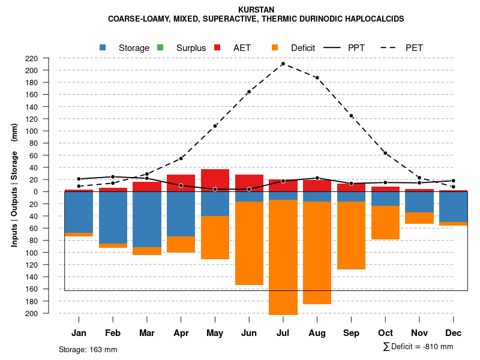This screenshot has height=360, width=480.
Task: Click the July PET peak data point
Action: tap(283, 64)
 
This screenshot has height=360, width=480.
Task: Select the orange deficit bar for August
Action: tap(317, 252)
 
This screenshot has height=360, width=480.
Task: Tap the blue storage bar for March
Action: tap(147, 219)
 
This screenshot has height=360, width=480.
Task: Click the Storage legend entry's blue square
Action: tap(103, 47)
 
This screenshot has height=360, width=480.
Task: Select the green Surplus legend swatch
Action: tap(160, 47)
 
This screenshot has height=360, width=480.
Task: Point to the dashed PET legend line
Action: tap(393, 47)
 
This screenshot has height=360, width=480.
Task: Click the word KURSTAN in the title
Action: tap(256, 10)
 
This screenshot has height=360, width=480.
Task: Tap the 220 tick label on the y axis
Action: tap(48, 58)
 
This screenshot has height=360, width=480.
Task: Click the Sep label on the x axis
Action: tap(351, 333)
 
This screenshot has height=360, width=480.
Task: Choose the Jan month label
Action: tap(79, 333)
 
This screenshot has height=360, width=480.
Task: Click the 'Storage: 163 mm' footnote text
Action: tap(88, 349)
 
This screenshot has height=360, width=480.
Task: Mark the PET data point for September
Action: tap(351, 116)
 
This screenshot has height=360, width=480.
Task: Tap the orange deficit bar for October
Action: tap(385, 223)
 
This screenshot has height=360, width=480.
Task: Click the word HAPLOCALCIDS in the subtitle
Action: tap(375, 19)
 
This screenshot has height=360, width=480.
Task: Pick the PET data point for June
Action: tap(249, 92)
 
